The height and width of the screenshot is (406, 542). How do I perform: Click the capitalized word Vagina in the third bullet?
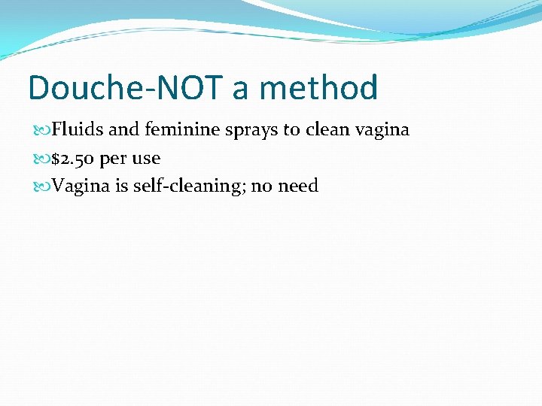(x=81, y=186)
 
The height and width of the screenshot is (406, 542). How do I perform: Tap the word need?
(x=298, y=186)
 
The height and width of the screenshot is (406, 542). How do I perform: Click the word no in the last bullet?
(x=260, y=186)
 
